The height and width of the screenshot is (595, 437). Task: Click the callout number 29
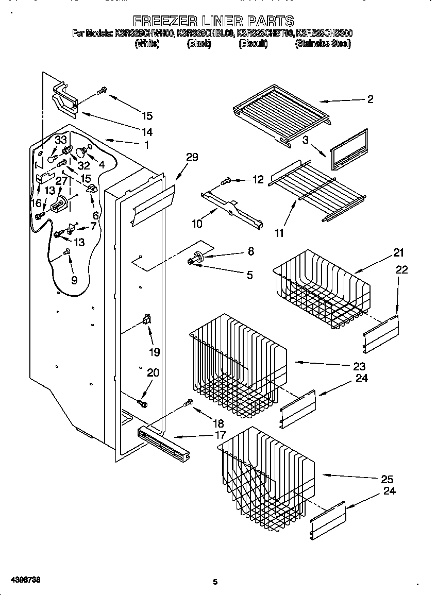[192, 157]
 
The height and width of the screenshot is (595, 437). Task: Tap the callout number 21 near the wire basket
[398, 253]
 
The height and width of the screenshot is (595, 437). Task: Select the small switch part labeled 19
[147, 320]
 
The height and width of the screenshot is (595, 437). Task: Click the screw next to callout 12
[226, 181]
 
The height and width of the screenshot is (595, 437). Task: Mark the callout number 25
[386, 479]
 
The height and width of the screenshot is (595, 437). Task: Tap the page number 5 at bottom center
[215, 582]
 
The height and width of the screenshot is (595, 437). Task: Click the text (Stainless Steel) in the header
[323, 44]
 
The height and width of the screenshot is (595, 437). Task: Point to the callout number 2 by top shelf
[370, 100]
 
